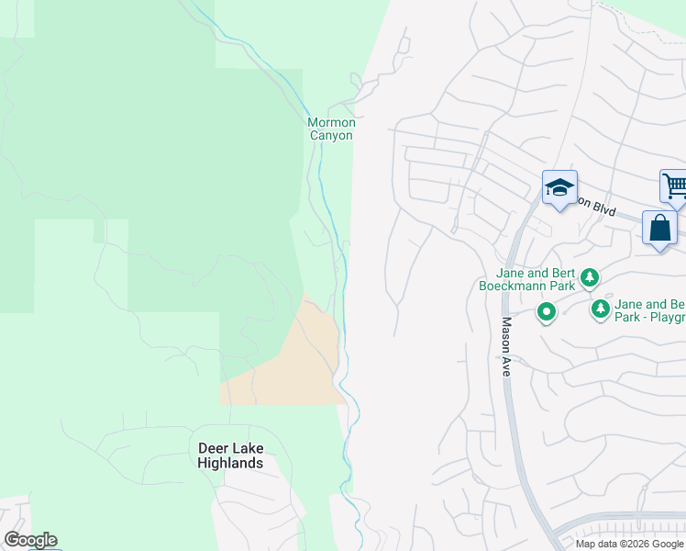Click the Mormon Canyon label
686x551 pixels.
[330, 129]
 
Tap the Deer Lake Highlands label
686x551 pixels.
[230, 455]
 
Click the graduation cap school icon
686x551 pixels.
[559, 188]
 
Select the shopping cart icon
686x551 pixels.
[674, 186]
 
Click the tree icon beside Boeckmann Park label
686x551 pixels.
[590, 276]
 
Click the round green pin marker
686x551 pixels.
[547, 313]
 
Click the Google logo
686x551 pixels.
[30, 540]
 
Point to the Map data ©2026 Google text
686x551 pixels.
[629, 544]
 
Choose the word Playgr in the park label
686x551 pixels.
[666, 318]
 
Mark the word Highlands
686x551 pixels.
[230, 463]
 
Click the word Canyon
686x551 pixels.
[330, 135]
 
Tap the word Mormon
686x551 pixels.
[330, 122]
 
